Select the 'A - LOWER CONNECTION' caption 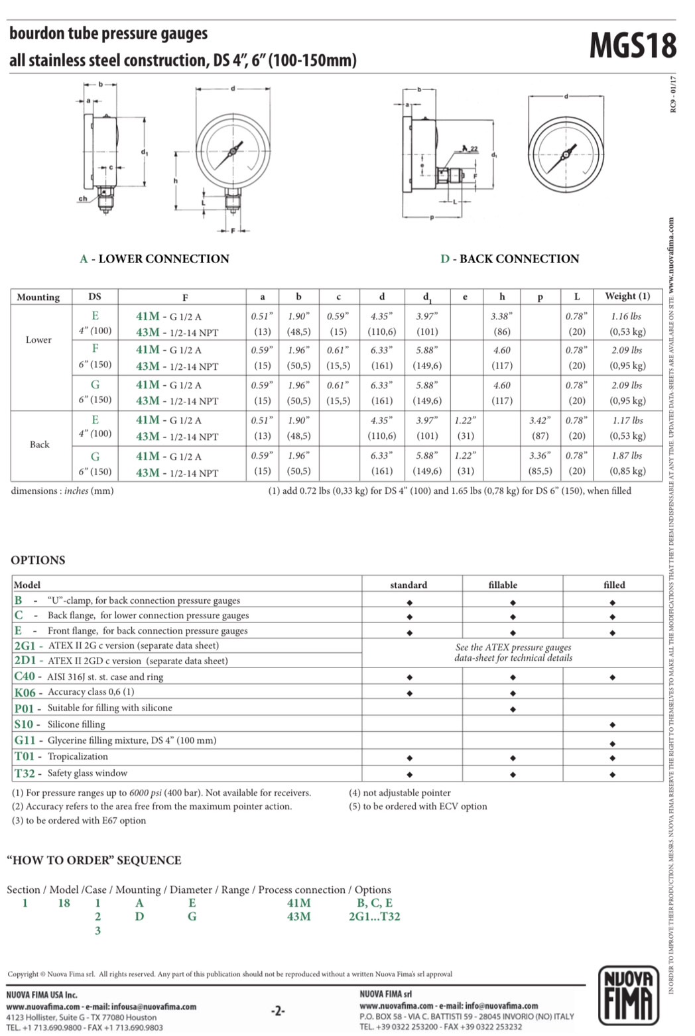pos(155,259)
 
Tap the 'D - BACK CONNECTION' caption pos(509,259)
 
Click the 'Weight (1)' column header pos(627,296)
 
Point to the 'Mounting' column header pos(38,297)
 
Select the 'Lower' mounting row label pos(38,339)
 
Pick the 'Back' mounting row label pos(39,444)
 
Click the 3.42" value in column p pos(540,420)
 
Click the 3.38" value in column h pos(501,316)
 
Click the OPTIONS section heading pos(38,560)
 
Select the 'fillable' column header pos(503,585)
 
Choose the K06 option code pos(25,692)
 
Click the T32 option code pos(25,773)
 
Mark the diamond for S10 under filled pos(612,725)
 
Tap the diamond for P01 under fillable pos(513,709)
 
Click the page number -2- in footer pos(278,1011)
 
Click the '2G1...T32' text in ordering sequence pos(374,917)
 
